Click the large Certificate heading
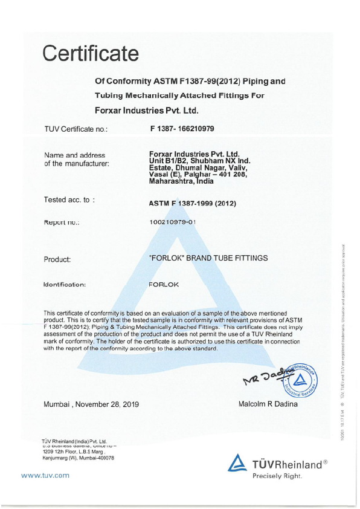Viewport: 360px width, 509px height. [91, 54]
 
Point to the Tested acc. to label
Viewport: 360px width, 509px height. [69, 199]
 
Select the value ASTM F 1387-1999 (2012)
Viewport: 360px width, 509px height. [192, 203]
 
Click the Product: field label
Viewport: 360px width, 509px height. [57, 259]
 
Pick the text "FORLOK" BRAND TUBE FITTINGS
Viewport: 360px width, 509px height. [208, 258]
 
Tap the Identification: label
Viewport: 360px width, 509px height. [65, 283]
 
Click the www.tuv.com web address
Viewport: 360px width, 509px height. [45, 475]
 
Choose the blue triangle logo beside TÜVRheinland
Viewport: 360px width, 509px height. [237, 463]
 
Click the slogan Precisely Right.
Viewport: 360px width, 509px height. [277, 476]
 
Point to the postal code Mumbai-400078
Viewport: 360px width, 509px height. [96, 458]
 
